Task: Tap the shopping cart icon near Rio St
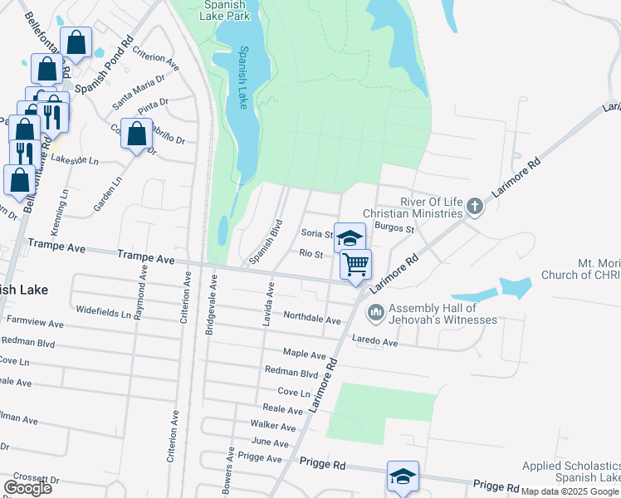[x=355, y=265]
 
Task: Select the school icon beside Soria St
[x=350, y=238]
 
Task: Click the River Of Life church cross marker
[x=474, y=206]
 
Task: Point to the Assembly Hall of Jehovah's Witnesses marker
[x=375, y=312]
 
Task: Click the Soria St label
[x=316, y=235]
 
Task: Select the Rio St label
[x=311, y=254]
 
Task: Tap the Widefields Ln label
[x=104, y=315]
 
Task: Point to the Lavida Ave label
[x=268, y=303]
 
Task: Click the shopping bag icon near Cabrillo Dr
[x=136, y=134]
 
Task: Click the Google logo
[x=27, y=488]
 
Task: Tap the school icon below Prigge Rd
[x=403, y=477]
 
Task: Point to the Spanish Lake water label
[x=243, y=76]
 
